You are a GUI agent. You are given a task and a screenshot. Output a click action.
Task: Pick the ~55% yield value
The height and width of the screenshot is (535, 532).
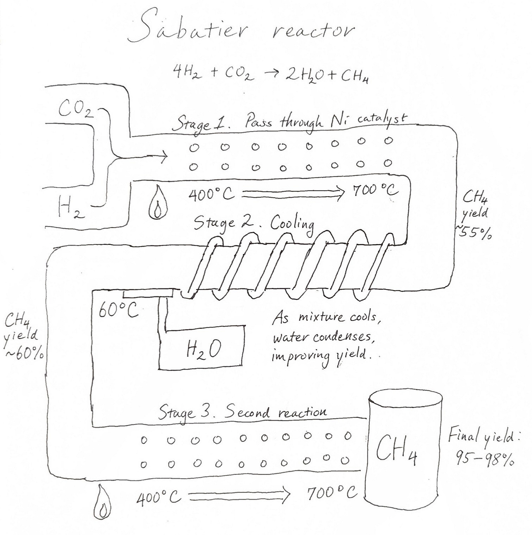[x=474, y=233]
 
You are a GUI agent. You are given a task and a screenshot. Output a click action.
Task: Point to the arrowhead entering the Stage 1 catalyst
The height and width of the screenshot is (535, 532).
[x=164, y=158]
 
